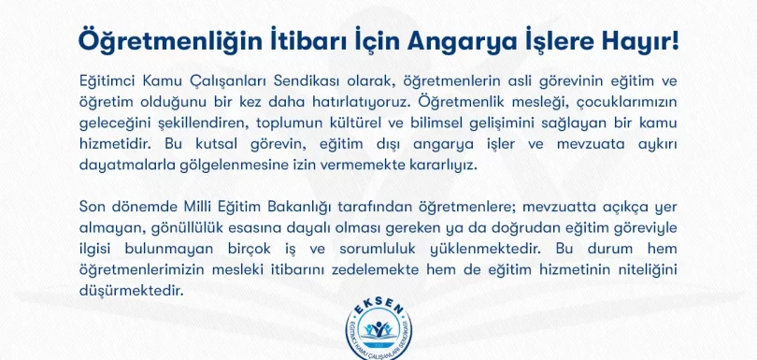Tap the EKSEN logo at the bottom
pos(378,325)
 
